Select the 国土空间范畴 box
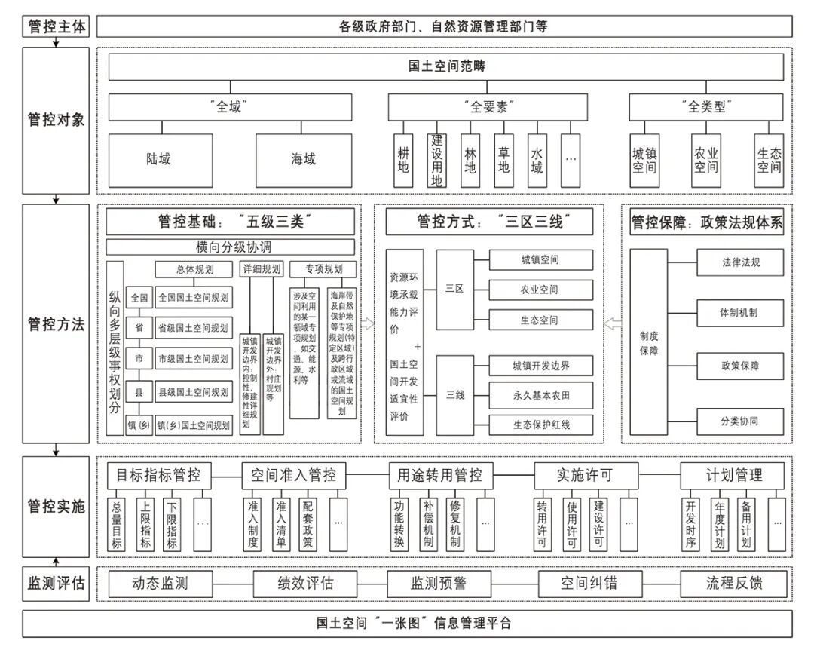coord(446,66)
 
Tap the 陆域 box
coord(158,159)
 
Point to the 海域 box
coord(304,159)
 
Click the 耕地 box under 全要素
coord(403,160)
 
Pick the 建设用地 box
coord(436,160)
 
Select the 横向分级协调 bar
coord(233,247)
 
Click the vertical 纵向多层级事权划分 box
coord(115,348)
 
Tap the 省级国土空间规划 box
coord(194,328)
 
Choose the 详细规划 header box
coord(262,269)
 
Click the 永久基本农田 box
coord(540,395)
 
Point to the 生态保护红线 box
coord(540,425)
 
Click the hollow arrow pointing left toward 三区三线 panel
coord(612,323)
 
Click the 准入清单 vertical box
coord(281,523)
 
